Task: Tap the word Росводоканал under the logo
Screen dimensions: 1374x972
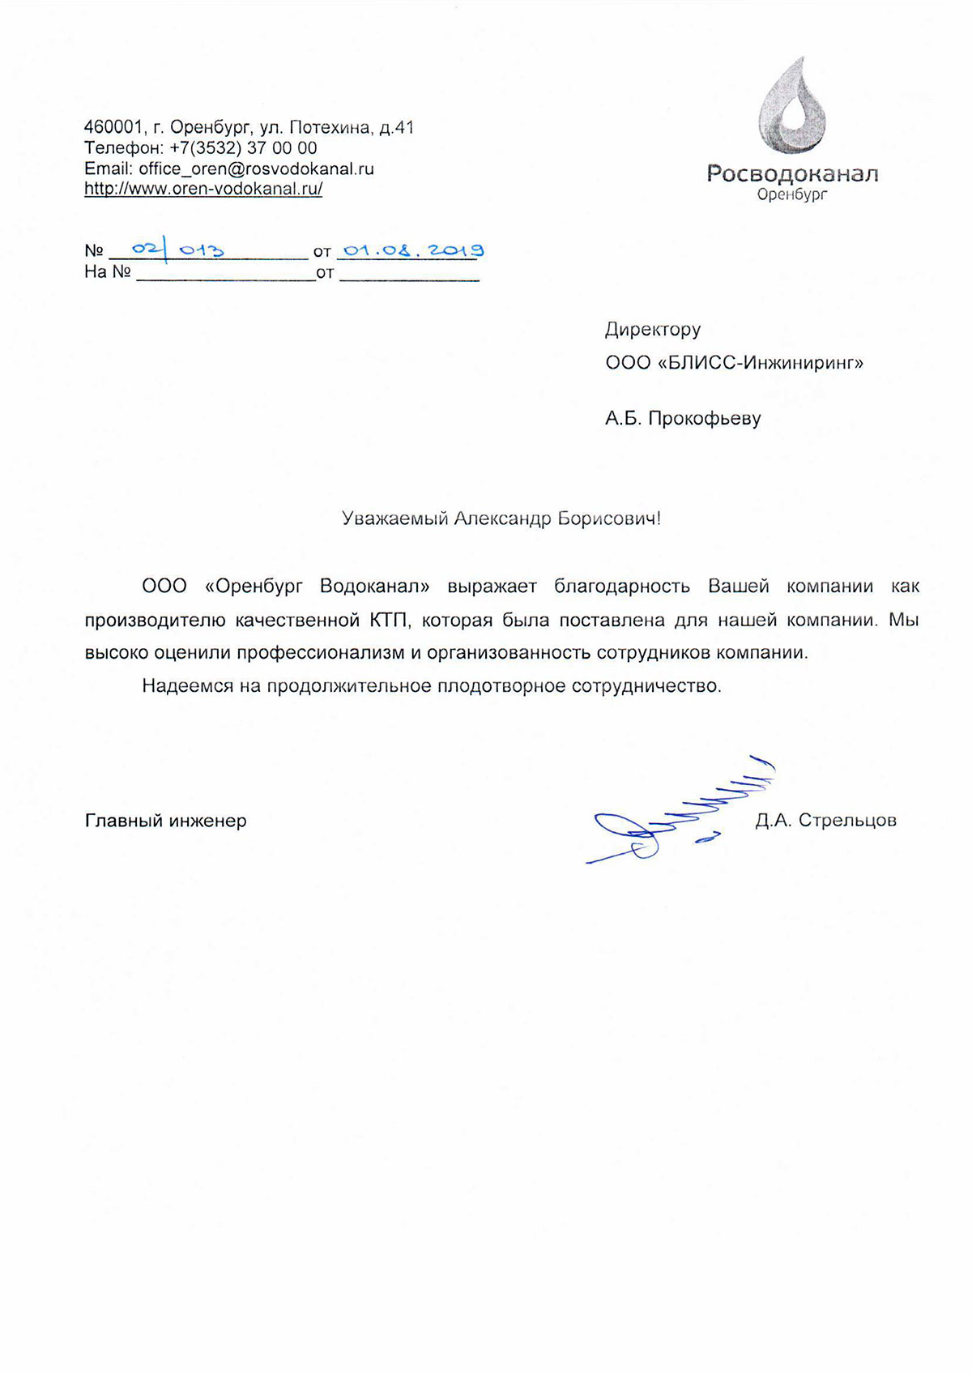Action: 792,173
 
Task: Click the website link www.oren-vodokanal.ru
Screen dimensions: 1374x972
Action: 203,189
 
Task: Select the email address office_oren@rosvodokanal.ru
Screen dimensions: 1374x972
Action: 256,169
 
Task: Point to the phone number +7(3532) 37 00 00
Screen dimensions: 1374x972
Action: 243,148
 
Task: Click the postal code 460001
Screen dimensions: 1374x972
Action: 113,127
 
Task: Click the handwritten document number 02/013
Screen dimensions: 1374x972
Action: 177,250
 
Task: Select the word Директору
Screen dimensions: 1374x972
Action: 653,330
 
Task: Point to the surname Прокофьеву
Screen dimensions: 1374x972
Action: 705,419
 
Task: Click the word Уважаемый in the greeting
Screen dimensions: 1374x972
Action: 394,518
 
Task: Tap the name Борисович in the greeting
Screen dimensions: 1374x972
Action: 608,518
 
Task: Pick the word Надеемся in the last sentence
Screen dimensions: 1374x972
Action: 187,686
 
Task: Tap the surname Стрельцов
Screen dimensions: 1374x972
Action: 847,821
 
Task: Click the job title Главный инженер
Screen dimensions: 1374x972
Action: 166,821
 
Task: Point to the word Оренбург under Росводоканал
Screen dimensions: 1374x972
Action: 791,195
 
